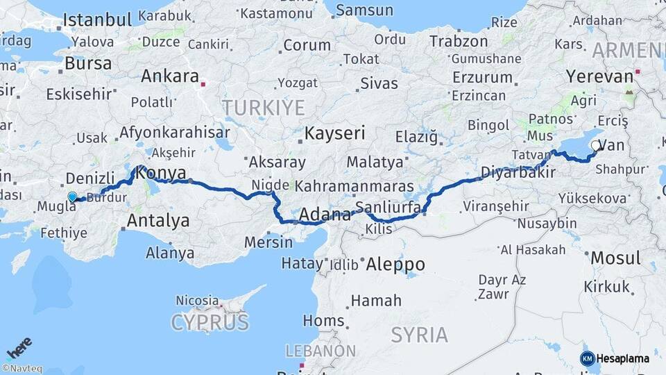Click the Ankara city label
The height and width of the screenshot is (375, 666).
point(170,76)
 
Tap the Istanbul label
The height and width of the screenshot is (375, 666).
point(99,19)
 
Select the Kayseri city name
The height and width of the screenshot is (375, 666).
point(336,132)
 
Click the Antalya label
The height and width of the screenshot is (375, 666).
point(158,221)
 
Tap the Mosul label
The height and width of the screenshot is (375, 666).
point(615,258)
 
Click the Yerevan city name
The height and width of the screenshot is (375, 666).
point(599,76)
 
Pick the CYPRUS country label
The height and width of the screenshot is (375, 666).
point(210,322)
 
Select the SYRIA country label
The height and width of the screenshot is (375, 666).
point(419,334)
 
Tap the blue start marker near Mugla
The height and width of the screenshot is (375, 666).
point(72,197)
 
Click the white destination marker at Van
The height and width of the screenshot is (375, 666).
point(597,146)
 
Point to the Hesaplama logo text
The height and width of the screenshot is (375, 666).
point(622,358)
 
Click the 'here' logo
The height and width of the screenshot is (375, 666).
point(19,347)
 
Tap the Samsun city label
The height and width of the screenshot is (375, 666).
point(364,10)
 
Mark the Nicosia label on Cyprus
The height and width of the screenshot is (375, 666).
point(197,301)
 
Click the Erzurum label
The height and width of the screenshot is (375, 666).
point(482,76)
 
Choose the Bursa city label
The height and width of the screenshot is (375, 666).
point(87,63)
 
